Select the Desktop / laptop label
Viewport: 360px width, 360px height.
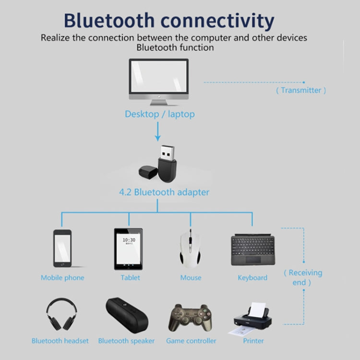coord(160,114)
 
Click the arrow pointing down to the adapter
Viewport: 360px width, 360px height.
coord(158,132)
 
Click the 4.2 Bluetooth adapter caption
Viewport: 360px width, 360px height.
coord(164,192)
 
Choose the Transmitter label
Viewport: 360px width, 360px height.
coord(301,90)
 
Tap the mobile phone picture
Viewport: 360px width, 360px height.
coord(62,249)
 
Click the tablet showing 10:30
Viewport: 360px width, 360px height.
coord(128,248)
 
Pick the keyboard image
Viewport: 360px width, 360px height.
coord(252,250)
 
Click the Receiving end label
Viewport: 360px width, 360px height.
coord(302,277)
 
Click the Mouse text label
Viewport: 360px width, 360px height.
coord(191,277)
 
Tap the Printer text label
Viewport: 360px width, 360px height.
coord(253,341)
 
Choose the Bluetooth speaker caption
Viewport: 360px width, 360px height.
coord(126,341)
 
